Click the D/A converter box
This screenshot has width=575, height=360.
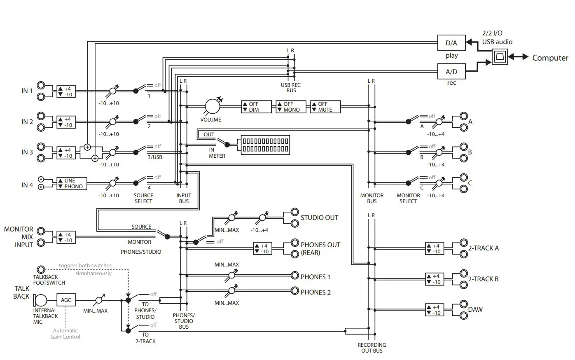tap(451, 42)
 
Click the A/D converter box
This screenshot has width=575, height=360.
tap(451, 71)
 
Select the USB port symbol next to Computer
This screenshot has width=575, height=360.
tap(500, 56)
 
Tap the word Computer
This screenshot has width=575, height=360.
tap(550, 58)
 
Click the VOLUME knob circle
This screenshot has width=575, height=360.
tap(213, 106)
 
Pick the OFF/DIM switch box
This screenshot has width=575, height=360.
tap(256, 107)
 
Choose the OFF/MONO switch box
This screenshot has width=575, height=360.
tap(291, 107)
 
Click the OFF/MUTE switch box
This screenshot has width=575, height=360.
tap(325, 107)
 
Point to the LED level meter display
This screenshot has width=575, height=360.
tap(265, 145)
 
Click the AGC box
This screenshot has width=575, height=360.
tap(66, 300)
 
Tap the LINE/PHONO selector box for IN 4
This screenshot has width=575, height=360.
tap(72, 183)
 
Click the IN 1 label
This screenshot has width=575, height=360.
tap(27, 91)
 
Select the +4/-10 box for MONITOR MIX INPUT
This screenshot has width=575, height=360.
tap(66, 237)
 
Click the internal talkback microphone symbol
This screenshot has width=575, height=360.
tap(40, 300)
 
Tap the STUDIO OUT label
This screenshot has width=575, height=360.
tap(319, 218)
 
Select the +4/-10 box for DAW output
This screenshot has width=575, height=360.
tap(435, 310)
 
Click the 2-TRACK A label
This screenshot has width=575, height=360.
tap(483, 248)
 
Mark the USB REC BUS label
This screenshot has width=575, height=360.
tap(291, 88)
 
